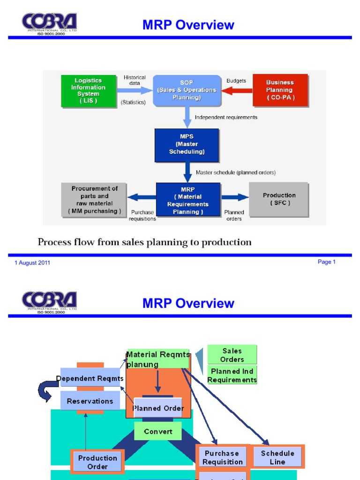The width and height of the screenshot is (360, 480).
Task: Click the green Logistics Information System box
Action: point(88,90)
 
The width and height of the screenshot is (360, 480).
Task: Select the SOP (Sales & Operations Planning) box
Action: point(187,90)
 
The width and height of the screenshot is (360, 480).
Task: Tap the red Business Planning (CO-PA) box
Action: point(280,90)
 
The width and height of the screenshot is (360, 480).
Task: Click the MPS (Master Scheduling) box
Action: point(187,144)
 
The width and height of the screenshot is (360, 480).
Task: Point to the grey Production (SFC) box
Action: point(279,199)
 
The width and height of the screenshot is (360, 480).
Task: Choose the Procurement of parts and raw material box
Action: point(94,200)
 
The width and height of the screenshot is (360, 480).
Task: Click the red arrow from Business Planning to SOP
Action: point(237,90)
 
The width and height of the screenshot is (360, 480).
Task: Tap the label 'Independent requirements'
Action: point(226,117)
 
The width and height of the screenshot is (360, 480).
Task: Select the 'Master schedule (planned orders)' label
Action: point(235,172)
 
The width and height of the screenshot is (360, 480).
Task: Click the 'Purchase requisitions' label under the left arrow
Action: point(143,215)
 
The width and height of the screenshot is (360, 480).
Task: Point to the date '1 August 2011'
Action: point(32,263)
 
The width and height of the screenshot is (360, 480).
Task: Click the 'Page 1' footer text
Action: point(326,262)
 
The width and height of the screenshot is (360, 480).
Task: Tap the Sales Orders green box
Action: point(232,355)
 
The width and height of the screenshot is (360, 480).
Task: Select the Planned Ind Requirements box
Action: point(232,375)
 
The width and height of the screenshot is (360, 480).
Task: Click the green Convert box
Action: point(158,431)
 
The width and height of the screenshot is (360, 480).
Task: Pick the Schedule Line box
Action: point(277,457)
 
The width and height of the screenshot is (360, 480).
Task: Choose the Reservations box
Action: point(90,401)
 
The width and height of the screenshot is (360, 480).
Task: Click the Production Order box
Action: point(97,462)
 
